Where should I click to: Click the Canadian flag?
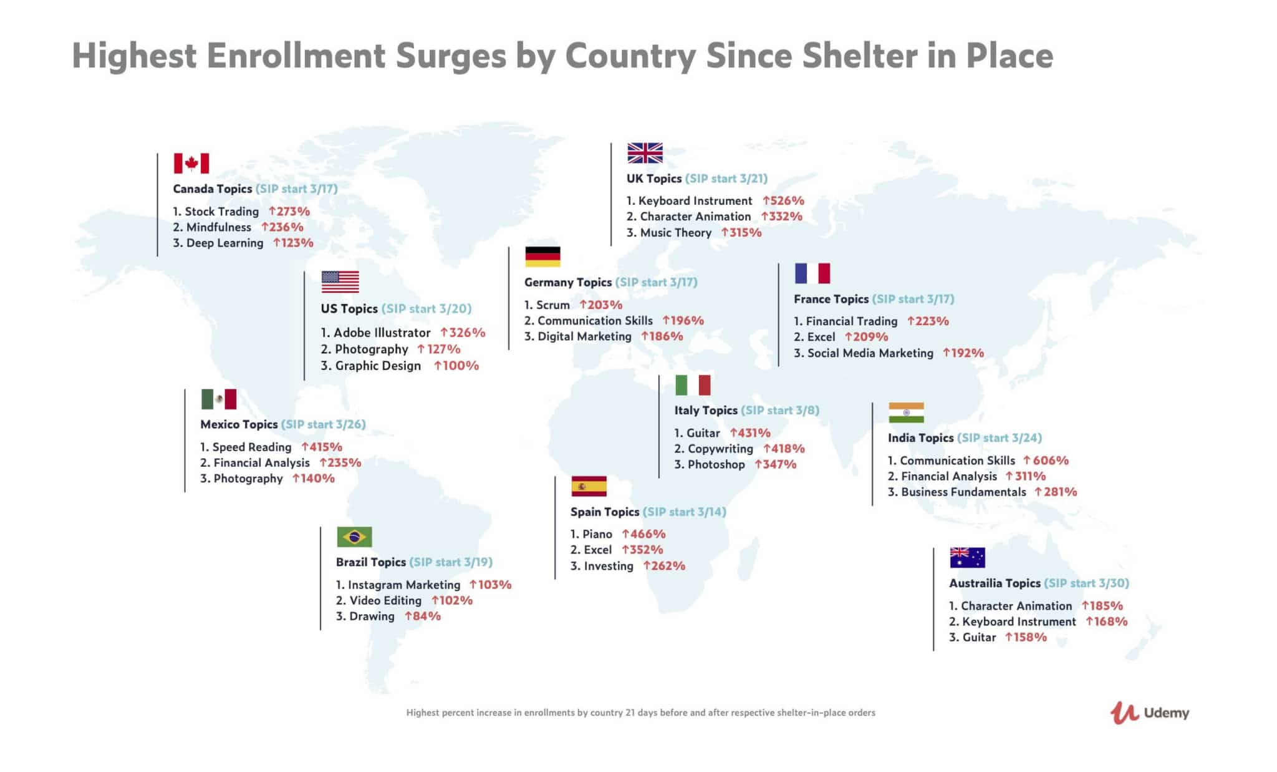pos(191,164)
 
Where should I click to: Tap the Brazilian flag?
pos(354,537)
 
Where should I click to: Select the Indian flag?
pos(906,413)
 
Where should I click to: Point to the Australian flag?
pos(967,557)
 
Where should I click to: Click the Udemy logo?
pos(1150,713)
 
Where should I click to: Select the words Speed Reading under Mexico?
pos(251,447)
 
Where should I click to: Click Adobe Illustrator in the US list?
pos(382,333)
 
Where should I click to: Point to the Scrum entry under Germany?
pos(552,305)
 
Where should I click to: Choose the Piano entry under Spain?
pos(597,534)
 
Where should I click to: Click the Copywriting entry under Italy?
pos(720,449)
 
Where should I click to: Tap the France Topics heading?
pos(831,299)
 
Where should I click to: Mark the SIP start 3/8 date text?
pos(780,411)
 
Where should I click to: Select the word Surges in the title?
pos(451,56)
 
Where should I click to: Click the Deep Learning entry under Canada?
pos(224,243)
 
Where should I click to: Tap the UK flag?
pos(645,153)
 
